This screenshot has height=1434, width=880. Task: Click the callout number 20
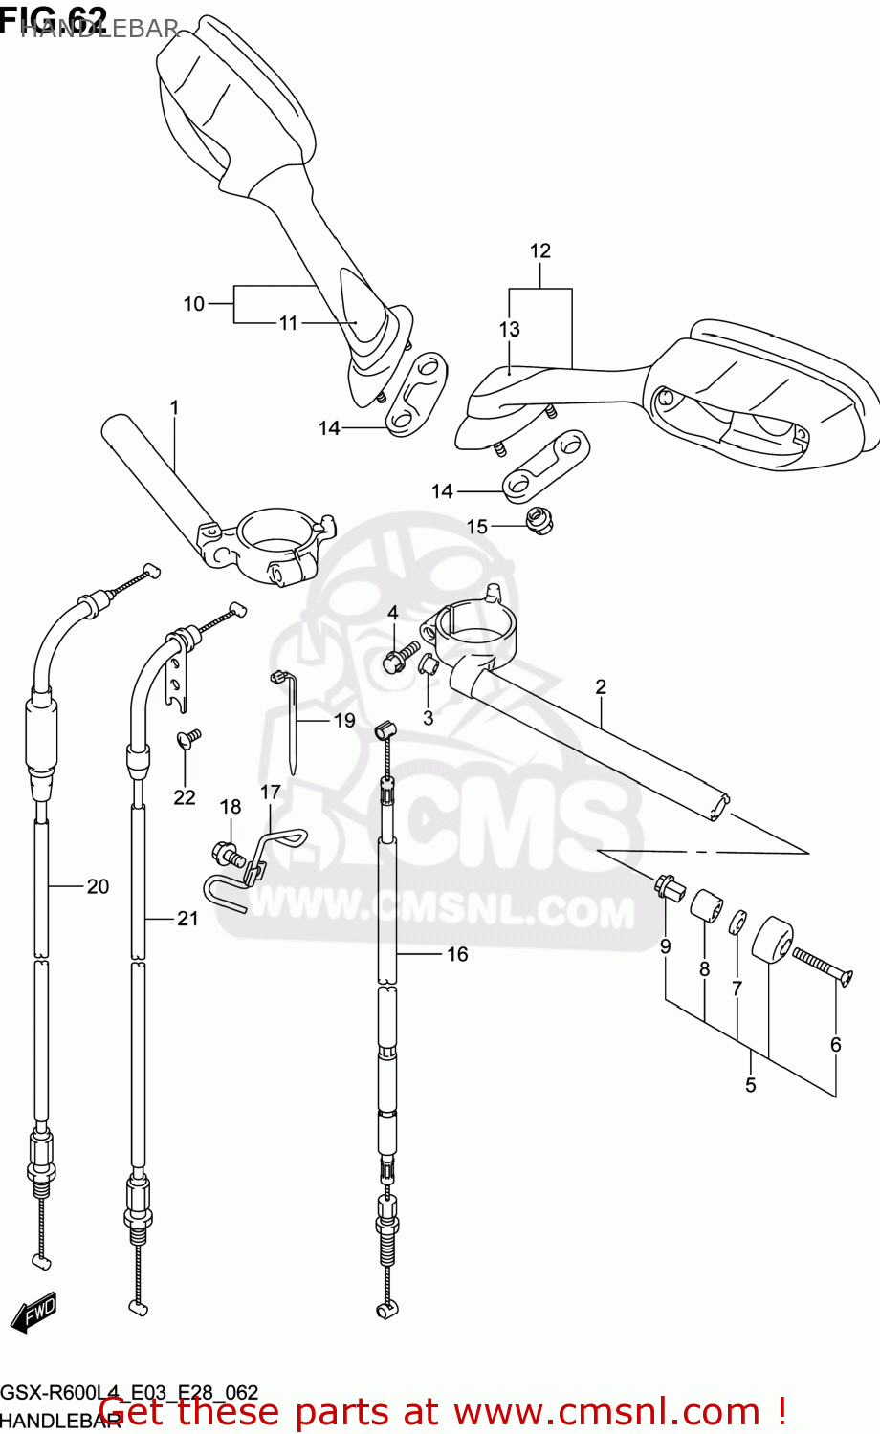pyautogui.click(x=98, y=887)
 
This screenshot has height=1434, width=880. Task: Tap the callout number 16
pyautogui.click(x=457, y=954)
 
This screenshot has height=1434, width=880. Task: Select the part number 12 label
pyautogui.click(x=540, y=251)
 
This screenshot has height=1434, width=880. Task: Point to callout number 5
pyautogui.click(x=751, y=1085)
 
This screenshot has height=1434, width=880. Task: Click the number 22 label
pyautogui.click(x=185, y=797)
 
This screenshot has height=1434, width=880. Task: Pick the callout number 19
pyautogui.click(x=344, y=721)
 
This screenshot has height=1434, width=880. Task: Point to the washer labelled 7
pyautogui.click(x=737, y=924)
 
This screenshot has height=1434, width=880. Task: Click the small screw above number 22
pyautogui.click(x=188, y=738)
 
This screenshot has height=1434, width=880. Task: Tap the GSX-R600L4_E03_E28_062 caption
pyautogui.click(x=129, y=1393)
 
